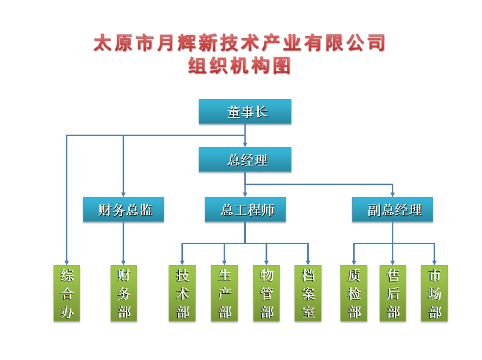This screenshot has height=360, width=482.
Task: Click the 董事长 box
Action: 245,112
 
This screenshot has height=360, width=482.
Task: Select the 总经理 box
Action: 245,160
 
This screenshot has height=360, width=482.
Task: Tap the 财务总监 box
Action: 123,210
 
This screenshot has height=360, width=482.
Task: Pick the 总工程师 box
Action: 245,210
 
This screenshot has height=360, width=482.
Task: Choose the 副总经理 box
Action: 392,210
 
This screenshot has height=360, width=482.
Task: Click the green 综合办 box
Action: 67,293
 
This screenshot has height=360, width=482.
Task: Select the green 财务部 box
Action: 124,293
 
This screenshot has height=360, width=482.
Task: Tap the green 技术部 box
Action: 182,293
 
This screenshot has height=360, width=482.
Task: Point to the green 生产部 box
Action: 224,293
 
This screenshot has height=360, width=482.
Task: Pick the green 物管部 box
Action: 266,293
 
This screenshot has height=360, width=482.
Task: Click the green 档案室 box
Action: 308,293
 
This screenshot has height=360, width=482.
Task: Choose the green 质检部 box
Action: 354,293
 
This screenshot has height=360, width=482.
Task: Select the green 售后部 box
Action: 393,293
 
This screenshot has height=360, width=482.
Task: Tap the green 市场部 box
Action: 434,293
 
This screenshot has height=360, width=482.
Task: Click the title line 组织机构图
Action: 239,66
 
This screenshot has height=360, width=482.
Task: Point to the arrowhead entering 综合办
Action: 67,262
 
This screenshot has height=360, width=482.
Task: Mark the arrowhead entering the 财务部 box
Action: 124,262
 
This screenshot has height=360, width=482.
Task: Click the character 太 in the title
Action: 102,44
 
